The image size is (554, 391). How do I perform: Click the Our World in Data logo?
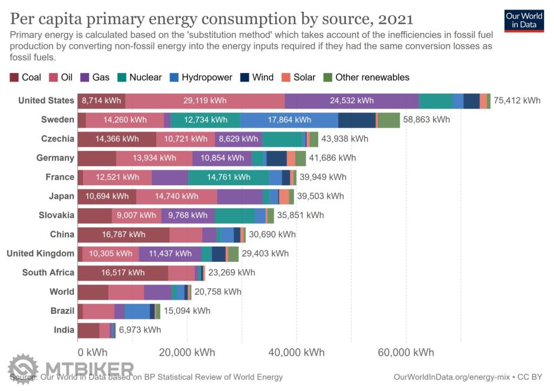(525, 21)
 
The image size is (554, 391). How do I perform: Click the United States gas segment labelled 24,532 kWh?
(352, 101)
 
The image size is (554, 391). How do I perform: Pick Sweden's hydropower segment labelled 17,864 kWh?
(289, 120)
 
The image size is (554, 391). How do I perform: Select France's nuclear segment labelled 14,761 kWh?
(229, 177)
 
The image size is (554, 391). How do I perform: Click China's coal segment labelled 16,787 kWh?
(123, 234)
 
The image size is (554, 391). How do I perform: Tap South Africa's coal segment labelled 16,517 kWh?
(123, 272)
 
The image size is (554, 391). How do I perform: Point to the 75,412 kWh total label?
(517, 101)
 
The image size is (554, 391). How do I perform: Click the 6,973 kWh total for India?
(140, 330)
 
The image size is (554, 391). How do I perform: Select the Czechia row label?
(58, 139)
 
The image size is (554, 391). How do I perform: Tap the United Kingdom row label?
(40, 254)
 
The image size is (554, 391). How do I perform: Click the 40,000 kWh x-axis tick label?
(296, 353)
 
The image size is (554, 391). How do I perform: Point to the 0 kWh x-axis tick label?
(93, 353)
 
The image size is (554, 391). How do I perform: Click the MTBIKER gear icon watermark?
(22, 369)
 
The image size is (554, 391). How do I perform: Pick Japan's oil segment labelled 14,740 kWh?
(176, 196)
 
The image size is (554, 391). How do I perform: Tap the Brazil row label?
(62, 311)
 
